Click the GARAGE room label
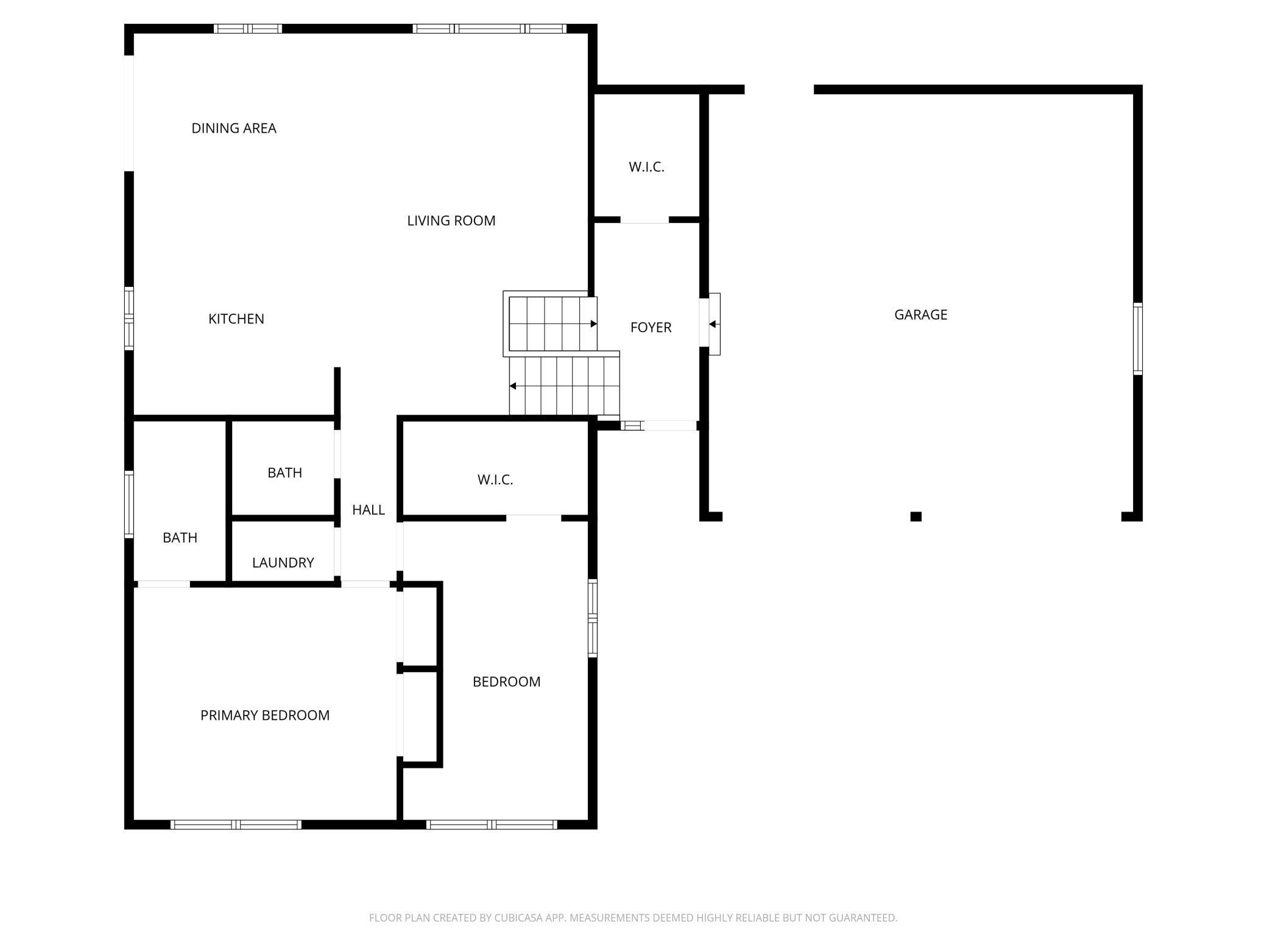(920, 315)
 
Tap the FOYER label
(651, 328)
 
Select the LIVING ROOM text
(451, 220)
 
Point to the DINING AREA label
(234, 128)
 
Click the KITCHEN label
(236, 319)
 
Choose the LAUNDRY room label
(283, 563)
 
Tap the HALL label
(369, 510)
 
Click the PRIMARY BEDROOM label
(265, 716)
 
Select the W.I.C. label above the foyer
(646, 167)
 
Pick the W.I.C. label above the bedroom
(495, 480)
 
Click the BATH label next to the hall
(284, 473)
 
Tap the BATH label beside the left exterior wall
(180, 538)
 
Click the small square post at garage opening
(916, 516)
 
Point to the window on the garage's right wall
(1137, 339)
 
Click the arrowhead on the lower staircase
(514, 386)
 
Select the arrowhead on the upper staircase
(593, 324)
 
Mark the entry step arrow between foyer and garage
(712, 324)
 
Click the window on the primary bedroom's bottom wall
(236, 825)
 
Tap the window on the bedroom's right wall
(592, 618)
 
